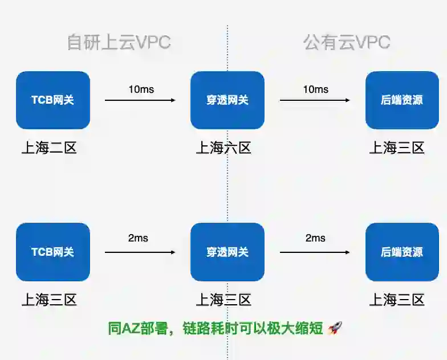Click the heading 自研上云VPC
point(119,43)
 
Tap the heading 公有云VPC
point(347,43)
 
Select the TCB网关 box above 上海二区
point(53,100)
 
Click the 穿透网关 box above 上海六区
point(227,100)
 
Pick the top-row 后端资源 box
point(402,100)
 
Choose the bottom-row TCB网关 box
point(53,252)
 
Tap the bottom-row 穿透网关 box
point(227,252)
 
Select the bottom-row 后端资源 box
point(402,252)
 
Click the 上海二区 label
point(49,148)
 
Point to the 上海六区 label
point(223,148)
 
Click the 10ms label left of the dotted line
point(141,89)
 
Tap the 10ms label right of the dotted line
point(315,89)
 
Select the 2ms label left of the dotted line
point(138,238)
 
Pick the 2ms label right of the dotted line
point(315,238)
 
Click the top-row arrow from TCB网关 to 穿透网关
point(140,100)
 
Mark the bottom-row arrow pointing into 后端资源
point(315,252)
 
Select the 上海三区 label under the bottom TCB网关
point(49,300)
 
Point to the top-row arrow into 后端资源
point(315,100)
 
